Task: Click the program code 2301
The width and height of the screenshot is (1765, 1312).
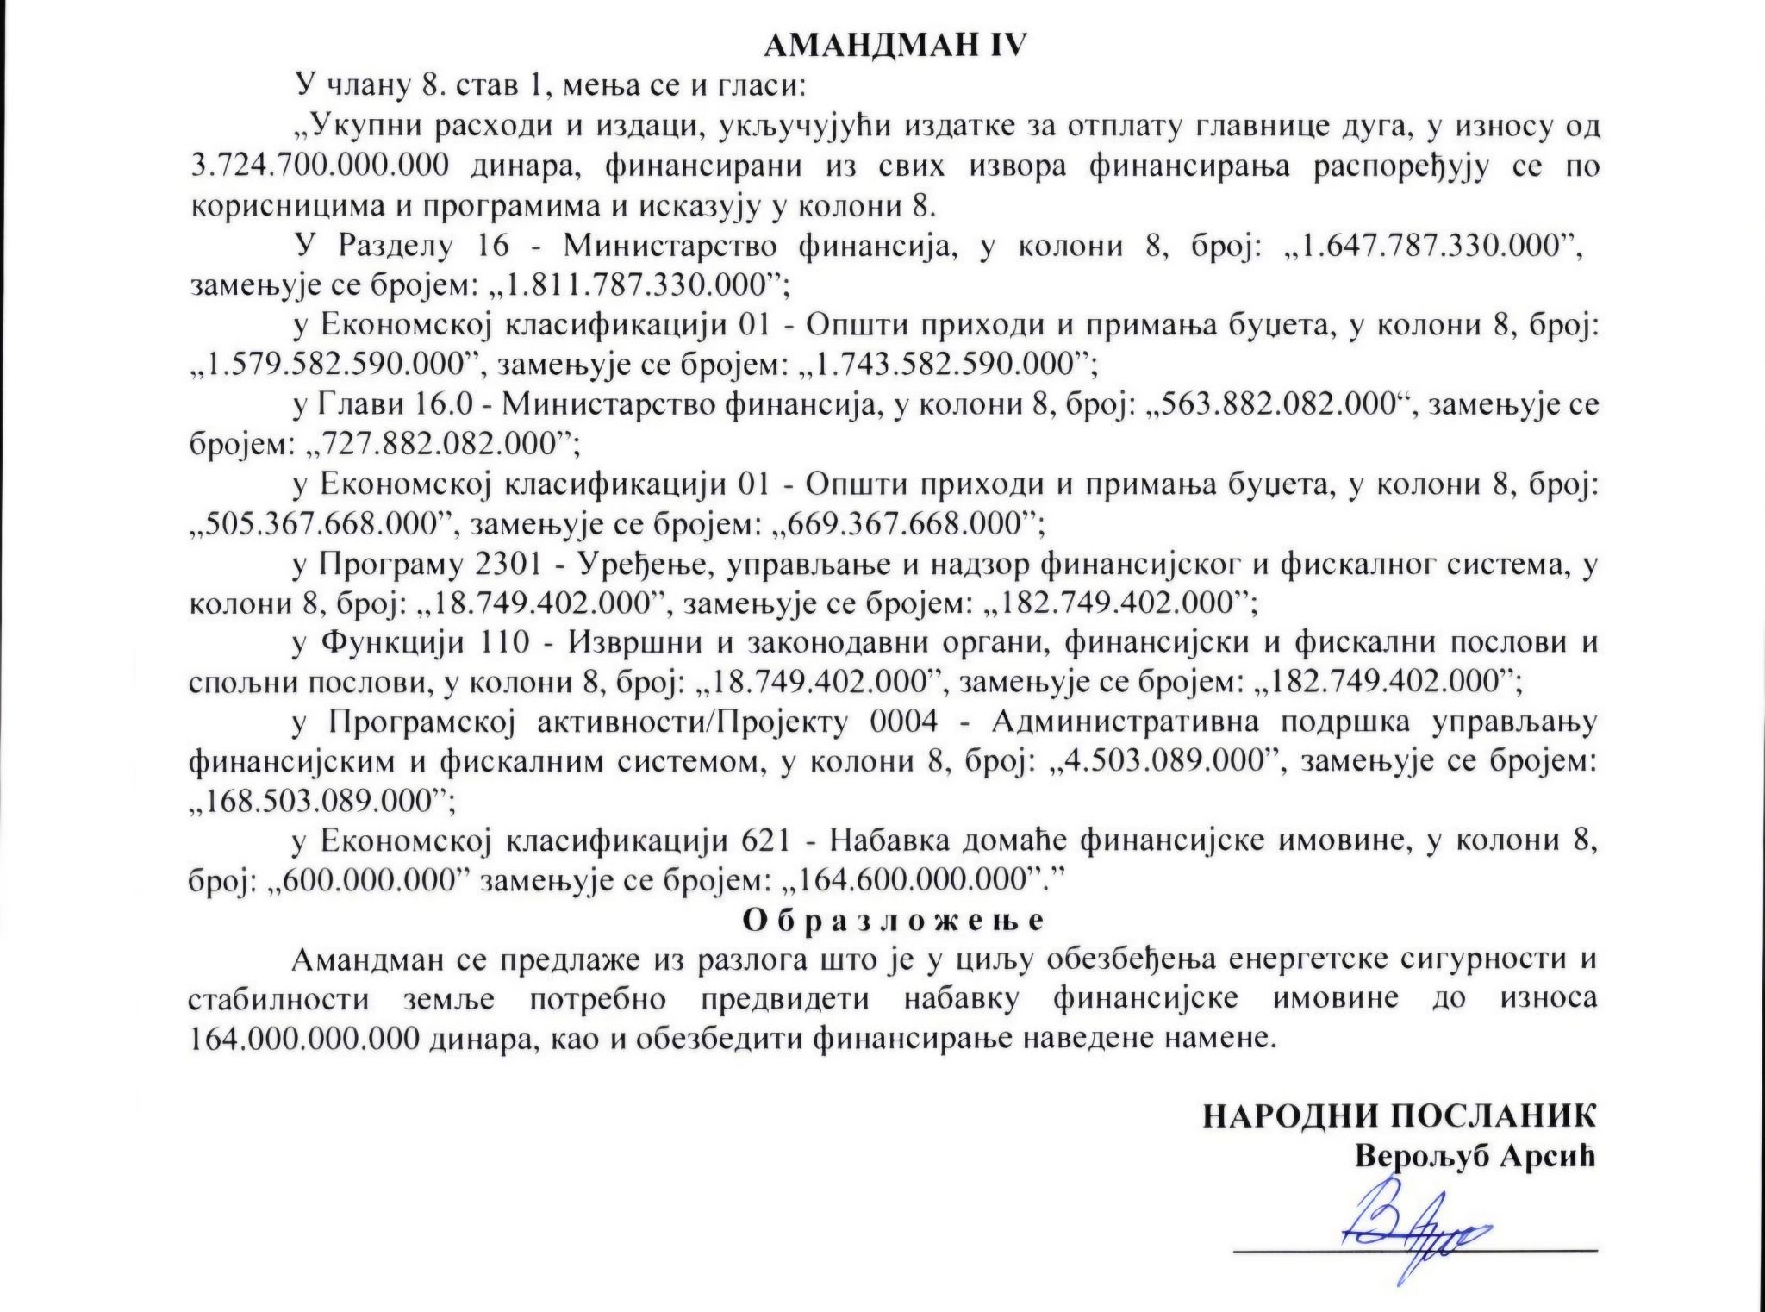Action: tap(508, 565)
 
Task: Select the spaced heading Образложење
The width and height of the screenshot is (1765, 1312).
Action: tap(894, 920)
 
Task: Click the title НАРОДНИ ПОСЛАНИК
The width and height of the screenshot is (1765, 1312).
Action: tap(1399, 1116)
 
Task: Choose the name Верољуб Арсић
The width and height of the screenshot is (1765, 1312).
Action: tap(1475, 1156)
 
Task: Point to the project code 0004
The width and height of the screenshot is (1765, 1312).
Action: tap(904, 722)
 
